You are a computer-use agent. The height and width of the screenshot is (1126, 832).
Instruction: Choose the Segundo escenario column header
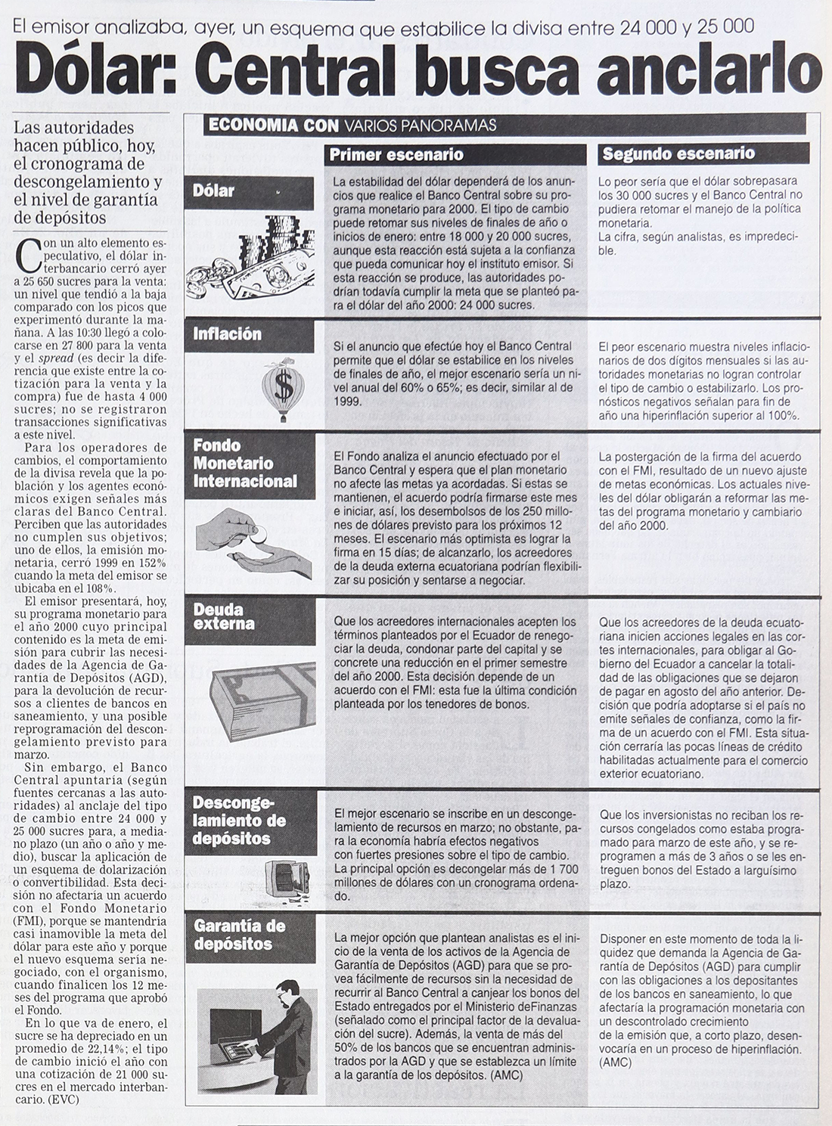[678, 154]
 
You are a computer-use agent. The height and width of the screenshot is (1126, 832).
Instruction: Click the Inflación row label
[227, 334]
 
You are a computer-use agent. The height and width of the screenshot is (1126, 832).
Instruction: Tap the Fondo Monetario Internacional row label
[245, 464]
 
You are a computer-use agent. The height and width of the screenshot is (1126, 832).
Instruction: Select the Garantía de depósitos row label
[239, 935]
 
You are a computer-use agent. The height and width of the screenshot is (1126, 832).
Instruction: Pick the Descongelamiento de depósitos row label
[239, 820]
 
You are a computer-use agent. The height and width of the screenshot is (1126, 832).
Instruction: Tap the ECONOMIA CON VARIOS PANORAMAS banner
[352, 126]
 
